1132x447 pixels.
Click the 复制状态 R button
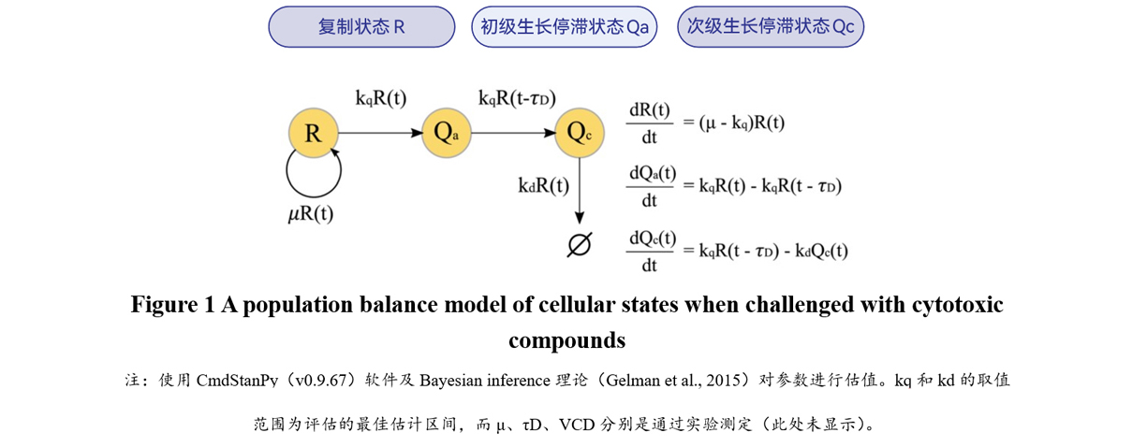[360, 27]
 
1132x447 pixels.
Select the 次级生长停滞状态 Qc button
[770, 27]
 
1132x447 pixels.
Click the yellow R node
[313, 134]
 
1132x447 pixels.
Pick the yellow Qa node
[446, 134]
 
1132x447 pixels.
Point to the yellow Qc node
[580, 134]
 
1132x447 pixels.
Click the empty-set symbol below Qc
[580, 244]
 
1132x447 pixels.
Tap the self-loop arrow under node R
[313, 177]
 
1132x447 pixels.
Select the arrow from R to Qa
[379, 134]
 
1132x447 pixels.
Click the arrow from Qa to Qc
[512, 134]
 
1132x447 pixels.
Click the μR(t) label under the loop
[311, 214]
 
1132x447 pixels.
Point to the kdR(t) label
[543, 185]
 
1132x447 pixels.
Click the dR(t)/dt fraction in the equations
[649, 123]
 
